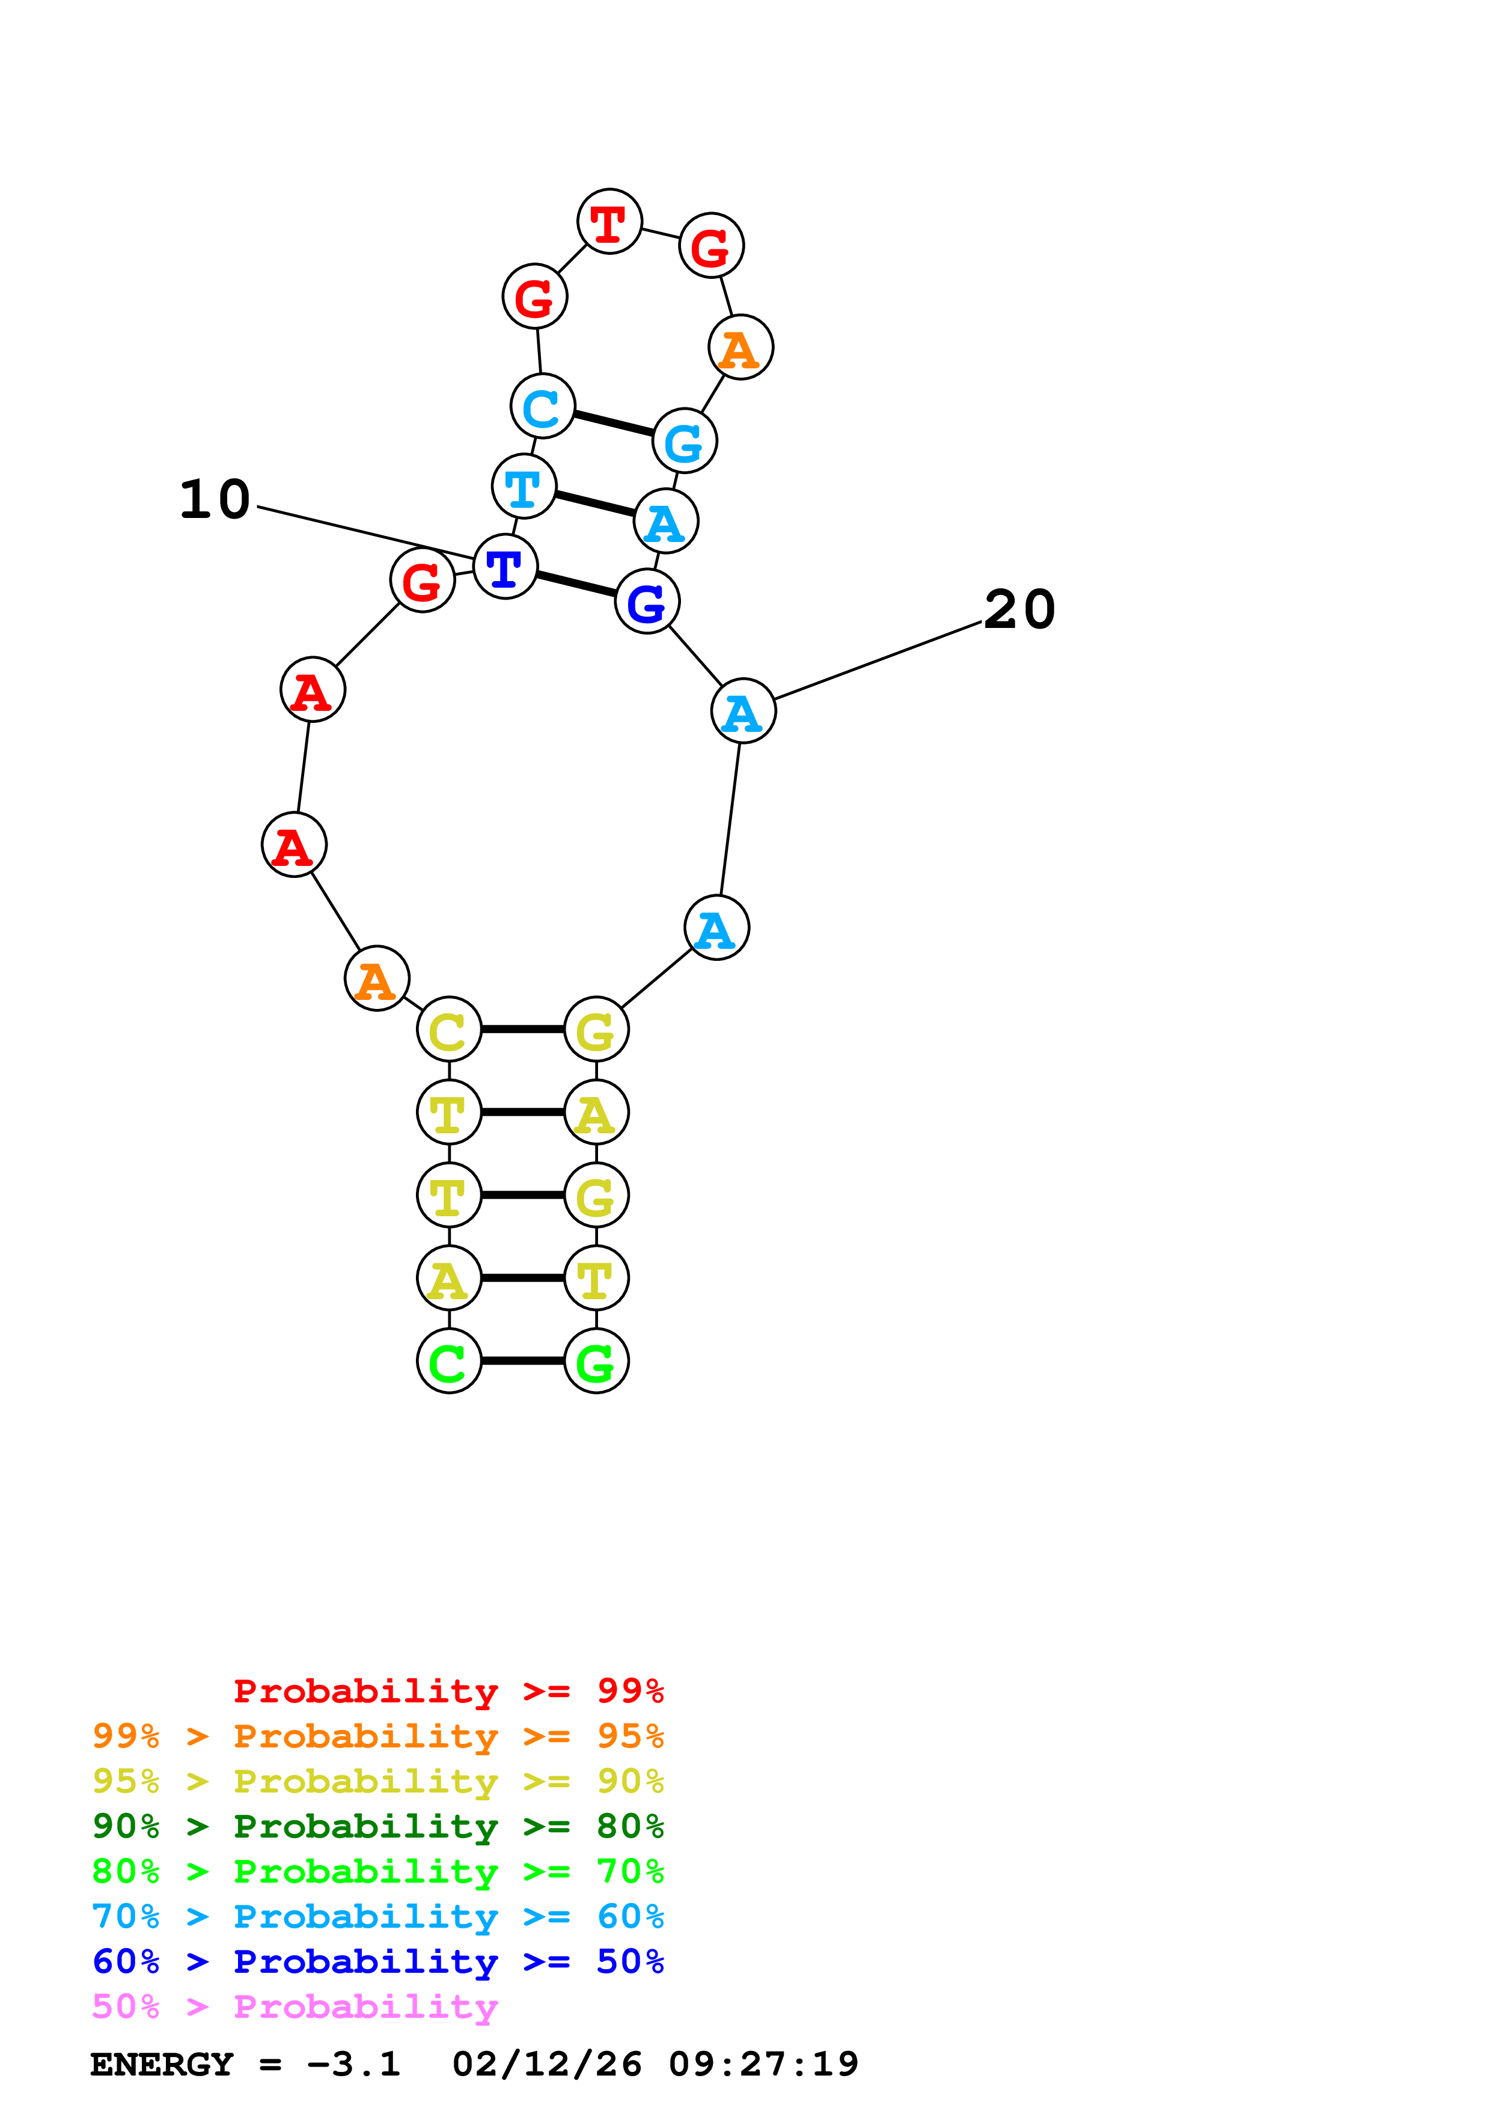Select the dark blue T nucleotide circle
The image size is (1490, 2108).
point(505,567)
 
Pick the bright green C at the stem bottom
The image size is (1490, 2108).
point(449,1360)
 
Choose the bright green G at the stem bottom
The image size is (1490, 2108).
point(596,1360)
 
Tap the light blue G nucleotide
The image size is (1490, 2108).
point(684,440)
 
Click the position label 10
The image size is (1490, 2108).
point(215,501)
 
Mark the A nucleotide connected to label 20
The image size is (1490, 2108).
point(743,711)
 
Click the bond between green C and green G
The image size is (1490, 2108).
point(522,1360)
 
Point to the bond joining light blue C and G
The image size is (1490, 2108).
point(613,423)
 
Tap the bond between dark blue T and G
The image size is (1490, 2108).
point(576,584)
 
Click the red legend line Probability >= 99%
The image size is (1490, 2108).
point(448,1691)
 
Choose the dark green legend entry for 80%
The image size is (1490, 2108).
point(377,1826)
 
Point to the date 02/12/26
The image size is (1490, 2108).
point(546,2064)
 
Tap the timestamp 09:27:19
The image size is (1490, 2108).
point(763,2064)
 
